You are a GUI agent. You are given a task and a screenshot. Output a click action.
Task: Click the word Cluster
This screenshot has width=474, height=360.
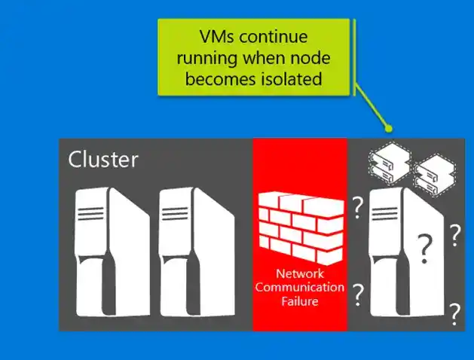tap(103, 160)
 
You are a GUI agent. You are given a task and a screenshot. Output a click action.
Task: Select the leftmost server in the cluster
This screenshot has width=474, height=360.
tap(106, 250)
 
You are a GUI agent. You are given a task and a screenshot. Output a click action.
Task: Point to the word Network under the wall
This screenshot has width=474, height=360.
tap(299, 274)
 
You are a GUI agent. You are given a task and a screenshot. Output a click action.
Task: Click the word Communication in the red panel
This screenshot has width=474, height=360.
tap(299, 288)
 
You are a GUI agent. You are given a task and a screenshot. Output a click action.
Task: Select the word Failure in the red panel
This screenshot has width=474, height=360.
tap(299, 301)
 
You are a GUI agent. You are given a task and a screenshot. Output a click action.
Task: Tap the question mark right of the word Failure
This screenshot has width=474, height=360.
tap(359, 294)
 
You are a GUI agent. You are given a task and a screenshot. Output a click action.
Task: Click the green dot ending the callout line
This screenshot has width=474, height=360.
tap(388, 127)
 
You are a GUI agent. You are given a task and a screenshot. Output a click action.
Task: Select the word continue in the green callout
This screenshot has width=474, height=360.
tap(280, 36)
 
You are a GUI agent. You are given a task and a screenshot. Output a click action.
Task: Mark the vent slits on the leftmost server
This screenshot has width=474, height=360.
tap(92, 214)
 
